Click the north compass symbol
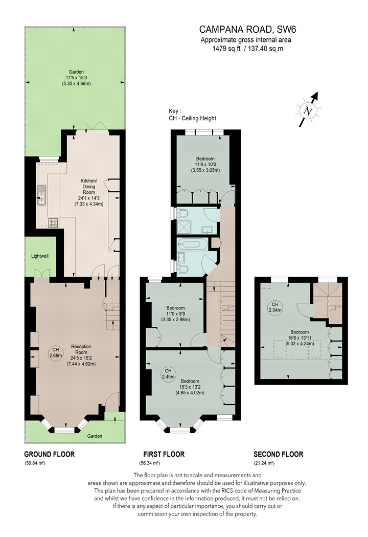tap(309, 110)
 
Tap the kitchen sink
tap(42, 195)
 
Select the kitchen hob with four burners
tap(53, 223)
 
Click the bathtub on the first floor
tap(191, 244)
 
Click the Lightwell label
tap(40, 256)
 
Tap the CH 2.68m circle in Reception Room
tap(56, 352)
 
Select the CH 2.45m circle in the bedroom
tap(168, 374)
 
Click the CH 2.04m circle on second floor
tap(275, 307)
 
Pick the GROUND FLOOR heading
tap(49, 454)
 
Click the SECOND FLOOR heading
tap(279, 454)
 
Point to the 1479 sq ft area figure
tap(226, 49)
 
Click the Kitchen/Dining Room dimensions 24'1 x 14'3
tap(88, 198)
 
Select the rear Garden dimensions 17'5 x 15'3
tap(76, 78)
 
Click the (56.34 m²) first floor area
tap(150, 463)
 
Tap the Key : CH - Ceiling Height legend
tap(192, 115)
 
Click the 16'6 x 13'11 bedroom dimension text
tap(300, 338)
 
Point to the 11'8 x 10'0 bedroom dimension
tap(205, 164)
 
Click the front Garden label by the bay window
tap(95, 436)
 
